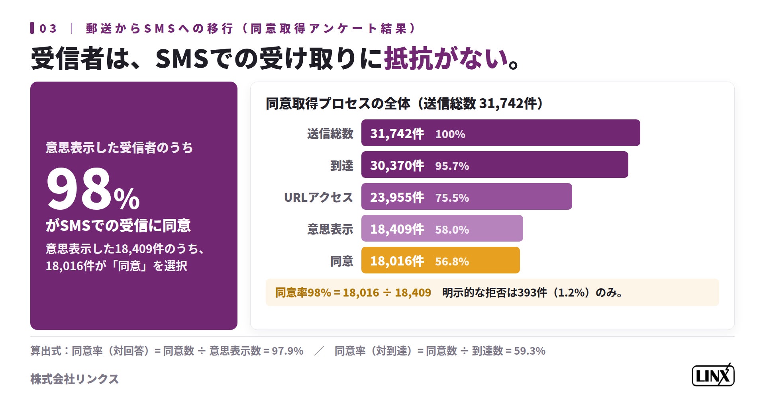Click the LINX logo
tap(713, 375)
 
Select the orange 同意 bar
tap(440, 260)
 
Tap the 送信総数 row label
tap(330, 134)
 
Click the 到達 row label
tap(341, 166)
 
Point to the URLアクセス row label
tap(318, 197)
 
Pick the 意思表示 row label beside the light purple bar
tap(330, 229)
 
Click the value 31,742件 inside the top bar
tap(397, 134)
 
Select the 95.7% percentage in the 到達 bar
tap(452, 166)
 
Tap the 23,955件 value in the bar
tap(397, 197)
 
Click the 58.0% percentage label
tap(452, 230)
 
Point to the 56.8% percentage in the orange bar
tap(452, 261)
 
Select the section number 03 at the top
tap(48, 29)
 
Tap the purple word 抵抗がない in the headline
tap(446, 59)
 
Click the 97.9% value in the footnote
tap(287, 351)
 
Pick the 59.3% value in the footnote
tap(530, 351)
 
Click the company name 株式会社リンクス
tap(75, 379)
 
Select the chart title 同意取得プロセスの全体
tap(338, 103)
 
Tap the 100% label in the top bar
tap(450, 134)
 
